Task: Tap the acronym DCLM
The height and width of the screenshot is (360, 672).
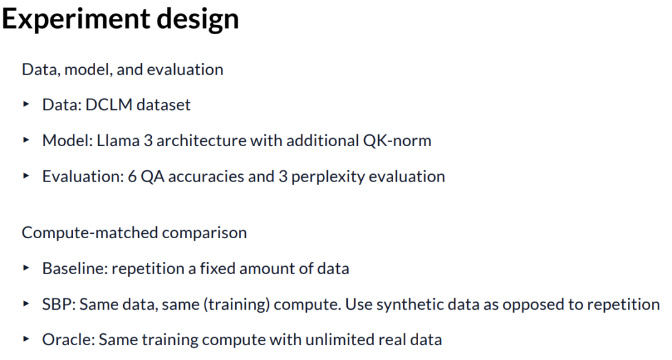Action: (109, 105)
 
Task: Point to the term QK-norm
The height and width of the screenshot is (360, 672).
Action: (397, 141)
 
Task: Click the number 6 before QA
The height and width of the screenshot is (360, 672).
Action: (132, 177)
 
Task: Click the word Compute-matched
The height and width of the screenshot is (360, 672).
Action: (90, 233)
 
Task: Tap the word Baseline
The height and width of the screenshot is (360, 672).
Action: (75, 269)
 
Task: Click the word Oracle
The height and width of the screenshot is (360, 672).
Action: (68, 340)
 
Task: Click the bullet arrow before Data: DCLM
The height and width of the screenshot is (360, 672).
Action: (26, 104)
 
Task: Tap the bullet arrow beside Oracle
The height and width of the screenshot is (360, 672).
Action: (26, 339)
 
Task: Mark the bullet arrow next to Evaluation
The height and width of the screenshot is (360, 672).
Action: (26, 175)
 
